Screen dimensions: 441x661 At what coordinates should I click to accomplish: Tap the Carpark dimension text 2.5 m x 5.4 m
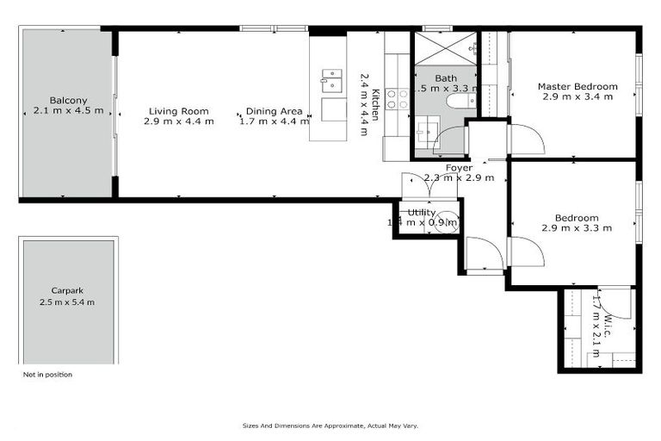pyautogui.click(x=67, y=302)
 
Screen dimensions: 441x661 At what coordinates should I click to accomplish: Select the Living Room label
pyautogui.click(x=179, y=110)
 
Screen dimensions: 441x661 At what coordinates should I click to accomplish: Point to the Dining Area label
pyautogui.click(x=274, y=110)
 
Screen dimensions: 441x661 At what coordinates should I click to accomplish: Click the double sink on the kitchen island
pyautogui.click(x=331, y=82)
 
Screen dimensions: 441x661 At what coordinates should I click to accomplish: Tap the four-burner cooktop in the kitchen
pyautogui.click(x=397, y=98)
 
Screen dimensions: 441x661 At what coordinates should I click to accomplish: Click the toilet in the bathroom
pyautogui.click(x=459, y=102)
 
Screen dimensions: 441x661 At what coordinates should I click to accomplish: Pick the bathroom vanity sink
pyautogui.click(x=426, y=134)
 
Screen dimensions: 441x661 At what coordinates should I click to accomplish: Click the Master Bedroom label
pyautogui.click(x=578, y=86)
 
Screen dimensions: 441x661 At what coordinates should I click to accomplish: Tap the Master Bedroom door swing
pyautogui.click(x=524, y=140)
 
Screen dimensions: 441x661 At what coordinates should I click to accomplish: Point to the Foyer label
pyautogui.click(x=459, y=167)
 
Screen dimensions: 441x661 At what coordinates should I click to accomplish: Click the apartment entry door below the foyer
pyautogui.click(x=482, y=252)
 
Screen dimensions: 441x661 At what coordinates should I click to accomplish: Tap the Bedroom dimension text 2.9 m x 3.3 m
pyautogui.click(x=577, y=228)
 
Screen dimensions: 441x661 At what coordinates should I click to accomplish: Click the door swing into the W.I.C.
pyautogui.click(x=613, y=301)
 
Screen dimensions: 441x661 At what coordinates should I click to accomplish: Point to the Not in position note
pyautogui.click(x=47, y=375)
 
